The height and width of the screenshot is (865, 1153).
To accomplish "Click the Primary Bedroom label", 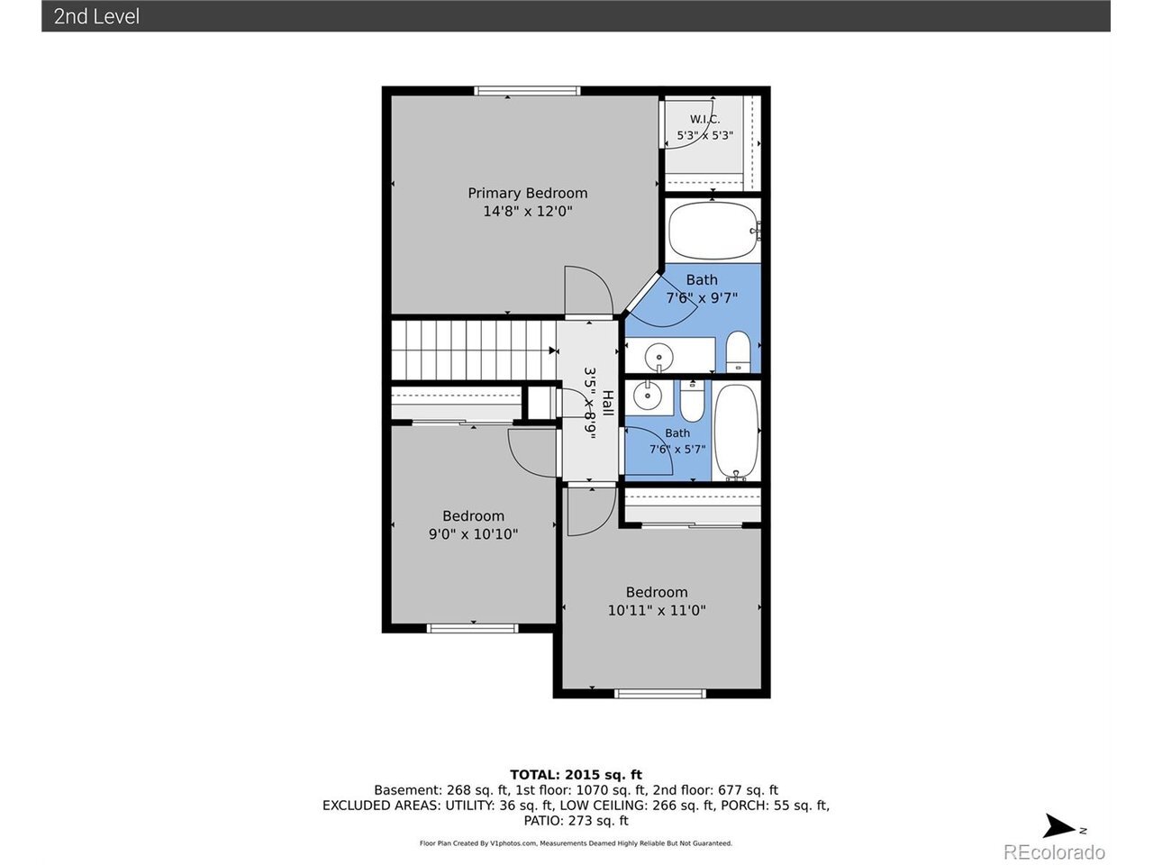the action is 527,193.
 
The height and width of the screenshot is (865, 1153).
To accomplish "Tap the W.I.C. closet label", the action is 704,119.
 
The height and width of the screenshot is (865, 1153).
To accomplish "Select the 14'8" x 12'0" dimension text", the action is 527,211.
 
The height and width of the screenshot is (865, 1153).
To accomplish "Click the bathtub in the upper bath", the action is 713,231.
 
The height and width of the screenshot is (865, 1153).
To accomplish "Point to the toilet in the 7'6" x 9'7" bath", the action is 738,351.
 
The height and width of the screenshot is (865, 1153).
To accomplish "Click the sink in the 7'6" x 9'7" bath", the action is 658,357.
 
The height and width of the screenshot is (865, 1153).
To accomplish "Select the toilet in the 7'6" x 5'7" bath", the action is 693,401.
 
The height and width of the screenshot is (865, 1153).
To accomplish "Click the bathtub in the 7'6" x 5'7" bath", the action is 736,432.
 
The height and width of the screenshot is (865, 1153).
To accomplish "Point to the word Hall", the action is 608,403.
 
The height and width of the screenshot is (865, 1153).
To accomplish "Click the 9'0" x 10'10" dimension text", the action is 473,534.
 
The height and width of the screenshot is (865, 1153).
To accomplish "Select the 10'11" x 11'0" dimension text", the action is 657,610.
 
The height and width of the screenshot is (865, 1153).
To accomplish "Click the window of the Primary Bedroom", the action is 527,91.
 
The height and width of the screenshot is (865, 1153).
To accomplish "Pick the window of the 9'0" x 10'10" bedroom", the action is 472,628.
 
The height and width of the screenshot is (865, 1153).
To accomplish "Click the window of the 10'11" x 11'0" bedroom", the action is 659,694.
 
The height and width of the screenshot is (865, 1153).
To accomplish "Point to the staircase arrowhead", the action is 552,351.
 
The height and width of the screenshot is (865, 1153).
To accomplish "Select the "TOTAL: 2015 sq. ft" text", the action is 576,775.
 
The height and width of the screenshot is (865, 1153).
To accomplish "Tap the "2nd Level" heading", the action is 96,16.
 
